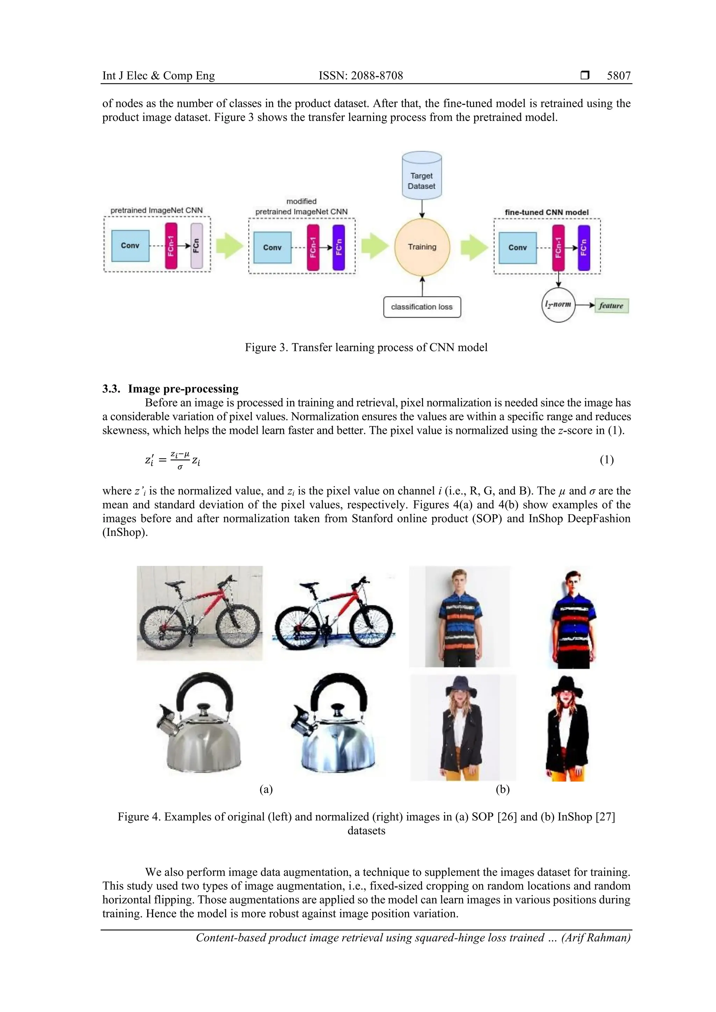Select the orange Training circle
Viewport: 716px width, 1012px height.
pyautogui.click(x=422, y=247)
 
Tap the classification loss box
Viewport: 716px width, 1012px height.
pyautogui.click(x=422, y=307)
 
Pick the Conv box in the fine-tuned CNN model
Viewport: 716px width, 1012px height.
pyautogui.click(x=517, y=248)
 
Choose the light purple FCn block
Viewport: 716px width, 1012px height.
pyautogui.click(x=196, y=246)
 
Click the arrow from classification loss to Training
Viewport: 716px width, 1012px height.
pyautogui.click(x=422, y=286)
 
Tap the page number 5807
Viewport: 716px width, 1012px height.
pyautogui.click(x=618, y=76)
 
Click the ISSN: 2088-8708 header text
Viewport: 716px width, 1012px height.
pyautogui.click(x=360, y=76)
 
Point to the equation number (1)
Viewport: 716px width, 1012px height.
pyautogui.click(x=607, y=460)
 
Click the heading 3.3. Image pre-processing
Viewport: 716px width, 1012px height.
pyautogui.click(x=170, y=389)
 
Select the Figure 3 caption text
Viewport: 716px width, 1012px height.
pyautogui.click(x=366, y=347)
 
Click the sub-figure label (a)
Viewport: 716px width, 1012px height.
pyautogui.click(x=266, y=789)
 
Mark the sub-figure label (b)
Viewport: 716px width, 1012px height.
pyautogui.click(x=502, y=789)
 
